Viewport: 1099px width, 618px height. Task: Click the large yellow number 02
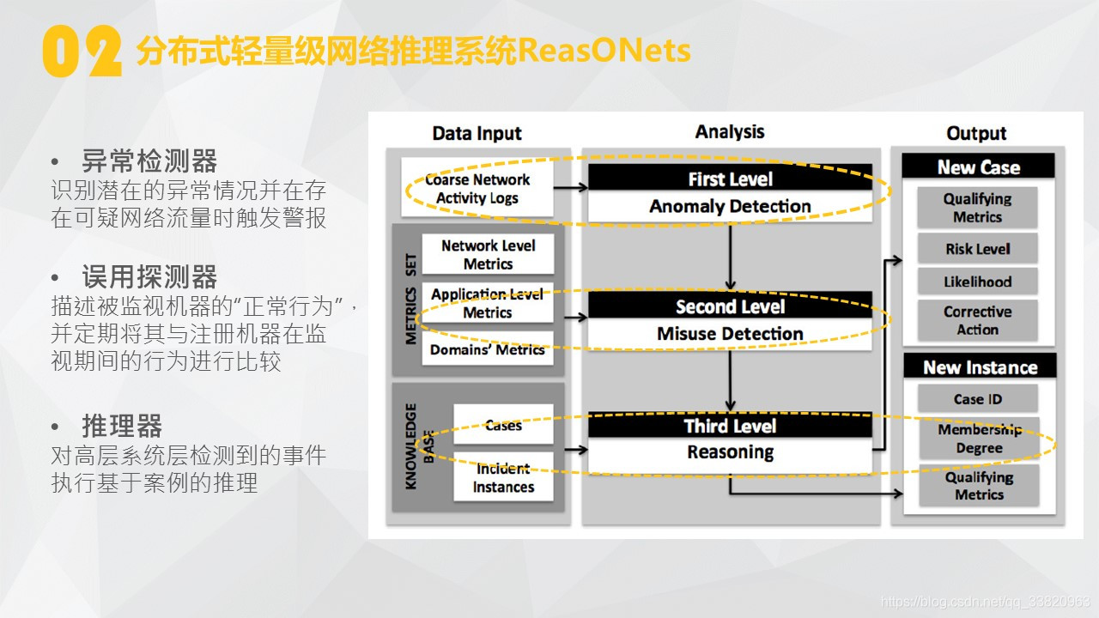coord(82,52)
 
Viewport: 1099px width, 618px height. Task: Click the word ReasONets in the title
coord(604,51)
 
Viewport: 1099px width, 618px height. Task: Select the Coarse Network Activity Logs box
coord(477,189)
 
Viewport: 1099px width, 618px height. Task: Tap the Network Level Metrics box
coord(488,255)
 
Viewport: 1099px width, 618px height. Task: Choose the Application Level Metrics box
coord(488,303)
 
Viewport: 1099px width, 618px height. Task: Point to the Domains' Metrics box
coord(488,349)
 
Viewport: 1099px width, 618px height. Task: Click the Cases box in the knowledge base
coord(503,425)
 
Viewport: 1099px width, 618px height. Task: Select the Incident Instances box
coord(503,477)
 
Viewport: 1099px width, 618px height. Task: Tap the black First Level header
coord(730,179)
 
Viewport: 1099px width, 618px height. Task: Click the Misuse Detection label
coord(730,334)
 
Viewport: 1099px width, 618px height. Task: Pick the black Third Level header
coord(730,426)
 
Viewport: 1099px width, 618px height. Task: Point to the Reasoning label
coord(730,452)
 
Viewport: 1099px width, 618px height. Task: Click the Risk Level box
coord(978,249)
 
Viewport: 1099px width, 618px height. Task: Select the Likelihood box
coord(978,282)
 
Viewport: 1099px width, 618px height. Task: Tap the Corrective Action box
coord(978,320)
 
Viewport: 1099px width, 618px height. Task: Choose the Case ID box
coord(978,399)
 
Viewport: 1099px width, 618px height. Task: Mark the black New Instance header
coord(980,367)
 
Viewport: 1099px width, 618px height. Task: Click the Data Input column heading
coord(477,133)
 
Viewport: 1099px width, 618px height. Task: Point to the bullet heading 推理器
coord(122,426)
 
